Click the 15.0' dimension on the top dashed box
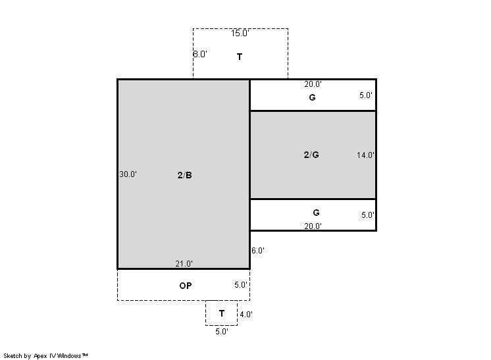(240, 33)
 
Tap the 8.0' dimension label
(200, 54)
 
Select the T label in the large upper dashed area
(240, 57)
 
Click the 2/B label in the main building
(185, 175)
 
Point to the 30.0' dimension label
(128, 174)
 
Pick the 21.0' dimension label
(184, 264)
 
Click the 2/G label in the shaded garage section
(311, 155)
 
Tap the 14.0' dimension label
(365, 155)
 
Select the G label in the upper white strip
(312, 97)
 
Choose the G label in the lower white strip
(317, 213)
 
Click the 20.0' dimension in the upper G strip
(313, 84)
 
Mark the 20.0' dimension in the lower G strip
(313, 226)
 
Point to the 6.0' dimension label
(258, 251)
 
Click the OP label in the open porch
(186, 286)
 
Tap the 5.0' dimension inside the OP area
(241, 285)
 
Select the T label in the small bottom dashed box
(222, 313)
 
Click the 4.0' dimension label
(246, 315)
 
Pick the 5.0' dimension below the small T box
(222, 332)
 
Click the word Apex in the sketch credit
(40, 356)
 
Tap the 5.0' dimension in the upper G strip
(366, 95)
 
